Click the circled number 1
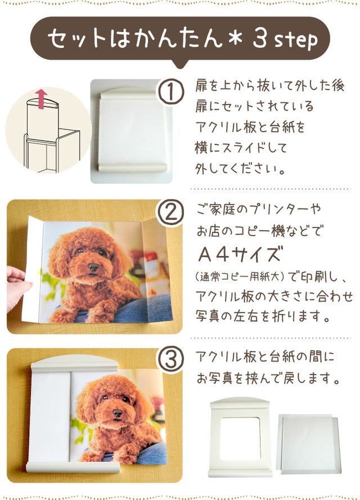[172, 92]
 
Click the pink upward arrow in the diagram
[41, 99]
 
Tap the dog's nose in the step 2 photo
[93, 267]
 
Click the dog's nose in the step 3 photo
[118, 413]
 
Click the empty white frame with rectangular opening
[240, 437]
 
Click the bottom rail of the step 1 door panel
[133, 168]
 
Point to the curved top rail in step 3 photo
[75, 363]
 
